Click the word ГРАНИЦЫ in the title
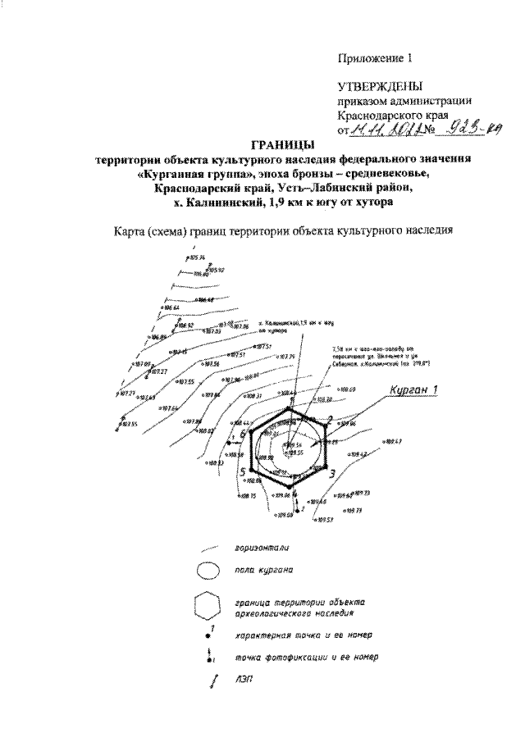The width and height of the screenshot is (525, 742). coord(262,145)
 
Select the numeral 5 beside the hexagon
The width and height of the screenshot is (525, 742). coord(243,472)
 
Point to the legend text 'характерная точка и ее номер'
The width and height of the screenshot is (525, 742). coord(299,635)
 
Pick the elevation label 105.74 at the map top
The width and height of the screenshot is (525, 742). coord(195,257)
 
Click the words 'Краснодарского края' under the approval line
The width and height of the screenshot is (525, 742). coord(393,115)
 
